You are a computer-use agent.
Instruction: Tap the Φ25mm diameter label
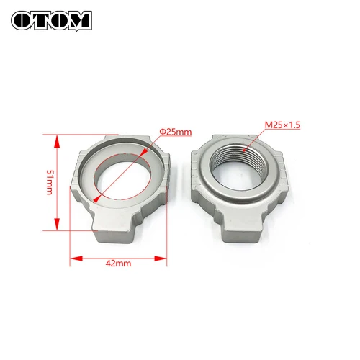176,132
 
